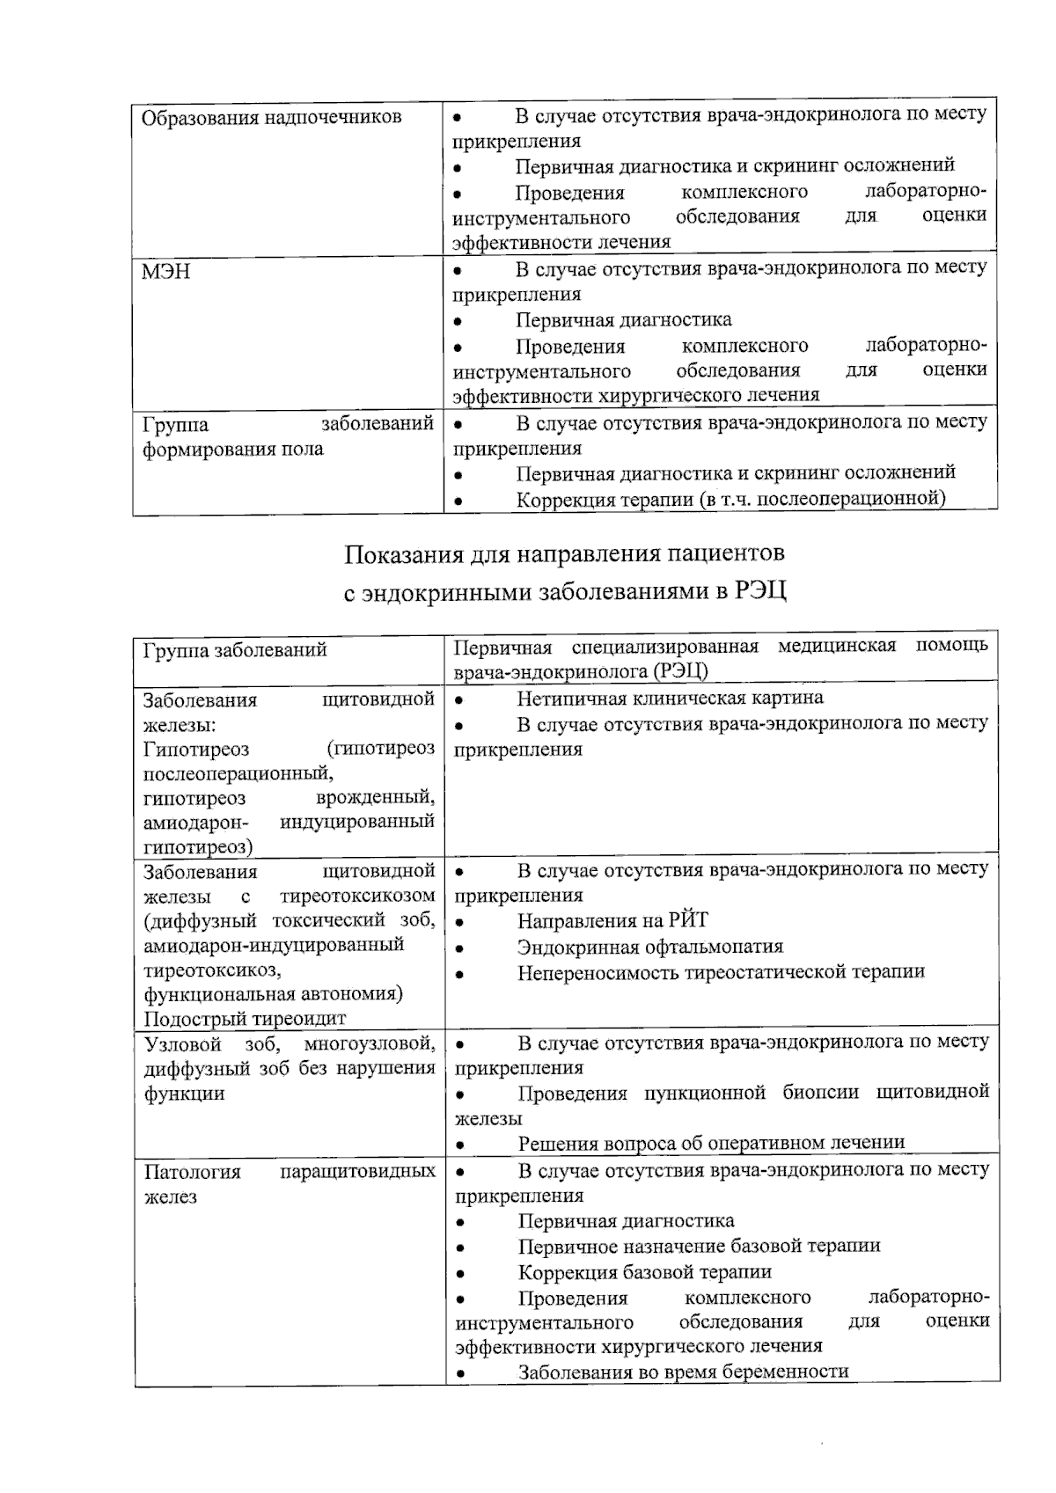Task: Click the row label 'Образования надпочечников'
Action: [x=272, y=118]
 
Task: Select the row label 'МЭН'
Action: [x=166, y=272]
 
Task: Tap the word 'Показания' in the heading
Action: [x=401, y=554]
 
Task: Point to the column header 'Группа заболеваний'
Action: [x=235, y=650]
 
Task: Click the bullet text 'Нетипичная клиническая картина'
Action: [x=670, y=699]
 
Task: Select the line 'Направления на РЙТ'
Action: [x=612, y=921]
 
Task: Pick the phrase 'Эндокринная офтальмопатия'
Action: [x=649, y=947]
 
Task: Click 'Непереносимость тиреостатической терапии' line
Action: [x=721, y=972]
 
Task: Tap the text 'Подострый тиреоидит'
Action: [x=245, y=1019]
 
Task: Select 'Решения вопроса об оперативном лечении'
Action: [x=711, y=1143]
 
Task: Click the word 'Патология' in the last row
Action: [x=192, y=1173]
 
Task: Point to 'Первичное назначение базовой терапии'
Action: [x=699, y=1246]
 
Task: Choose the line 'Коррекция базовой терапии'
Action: [x=644, y=1271]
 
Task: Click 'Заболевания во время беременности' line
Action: [x=683, y=1372]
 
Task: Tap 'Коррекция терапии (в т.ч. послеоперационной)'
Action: [x=730, y=500]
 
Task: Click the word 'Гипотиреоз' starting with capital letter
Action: [x=196, y=750]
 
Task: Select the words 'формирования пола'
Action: [x=233, y=450]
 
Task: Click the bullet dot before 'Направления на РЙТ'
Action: [x=460, y=923]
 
